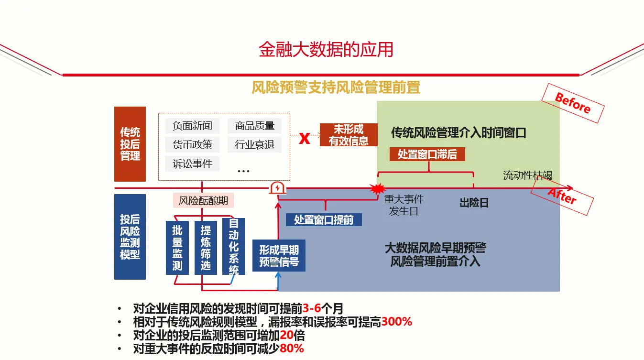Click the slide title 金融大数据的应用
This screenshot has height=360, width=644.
click(x=326, y=50)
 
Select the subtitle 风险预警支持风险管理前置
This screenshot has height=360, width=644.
click(x=336, y=87)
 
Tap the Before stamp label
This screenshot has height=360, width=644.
click(x=573, y=102)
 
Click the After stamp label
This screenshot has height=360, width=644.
click(x=562, y=195)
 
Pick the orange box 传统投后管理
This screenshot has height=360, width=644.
click(x=130, y=144)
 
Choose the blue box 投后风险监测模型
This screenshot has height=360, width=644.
click(x=130, y=237)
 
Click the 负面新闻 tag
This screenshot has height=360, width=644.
click(x=192, y=126)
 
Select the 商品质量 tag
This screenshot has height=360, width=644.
click(x=254, y=126)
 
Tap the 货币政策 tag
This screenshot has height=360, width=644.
click(x=192, y=144)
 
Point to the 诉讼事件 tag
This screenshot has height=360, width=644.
click(x=192, y=164)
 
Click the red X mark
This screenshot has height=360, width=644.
click(x=305, y=139)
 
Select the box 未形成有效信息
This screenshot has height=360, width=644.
click(x=349, y=135)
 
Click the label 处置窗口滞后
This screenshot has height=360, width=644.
click(x=427, y=154)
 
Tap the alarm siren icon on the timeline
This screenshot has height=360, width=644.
click(x=277, y=188)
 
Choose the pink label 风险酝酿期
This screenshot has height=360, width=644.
click(x=203, y=201)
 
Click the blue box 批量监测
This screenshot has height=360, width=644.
click(x=177, y=248)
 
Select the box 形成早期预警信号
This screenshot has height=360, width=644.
click(x=279, y=256)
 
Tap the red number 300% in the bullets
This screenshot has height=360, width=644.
click(x=397, y=322)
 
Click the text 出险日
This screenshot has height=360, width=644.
click(x=474, y=203)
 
